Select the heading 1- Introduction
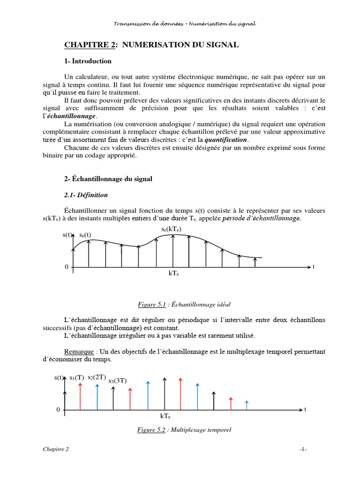point(88,61)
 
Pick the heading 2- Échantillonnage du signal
point(108,179)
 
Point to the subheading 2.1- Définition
point(86,195)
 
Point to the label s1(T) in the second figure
point(77,377)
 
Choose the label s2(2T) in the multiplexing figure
point(97,377)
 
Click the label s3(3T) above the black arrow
point(118,381)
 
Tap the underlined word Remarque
point(78,352)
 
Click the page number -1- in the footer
point(303,449)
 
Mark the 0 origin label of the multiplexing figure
point(58,410)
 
